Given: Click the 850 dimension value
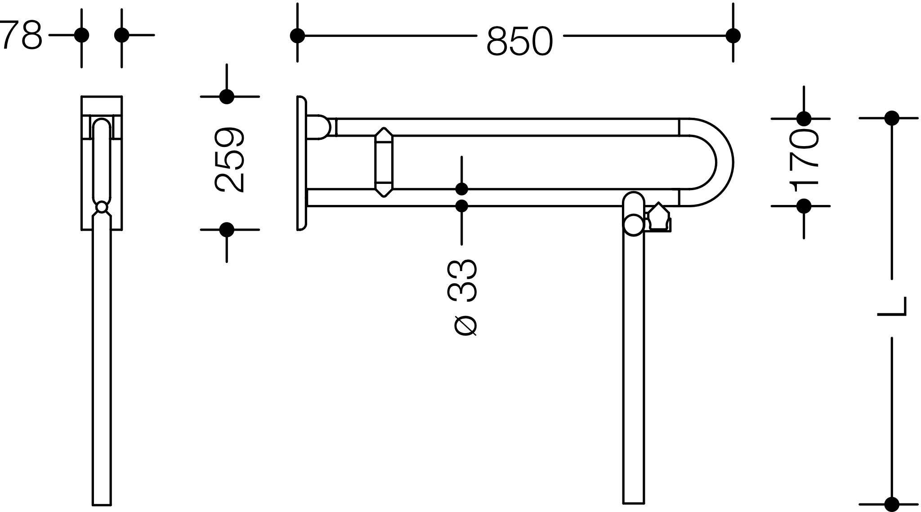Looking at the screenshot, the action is [x=519, y=41].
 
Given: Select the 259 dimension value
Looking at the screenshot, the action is [x=229, y=160].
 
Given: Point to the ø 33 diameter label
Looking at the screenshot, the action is [x=462, y=297].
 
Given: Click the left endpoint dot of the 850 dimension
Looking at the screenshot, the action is [x=297, y=35].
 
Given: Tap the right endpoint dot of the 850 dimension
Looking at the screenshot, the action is [x=733, y=35].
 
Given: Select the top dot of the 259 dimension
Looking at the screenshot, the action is [x=227, y=97].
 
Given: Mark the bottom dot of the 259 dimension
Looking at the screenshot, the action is [x=227, y=230].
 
